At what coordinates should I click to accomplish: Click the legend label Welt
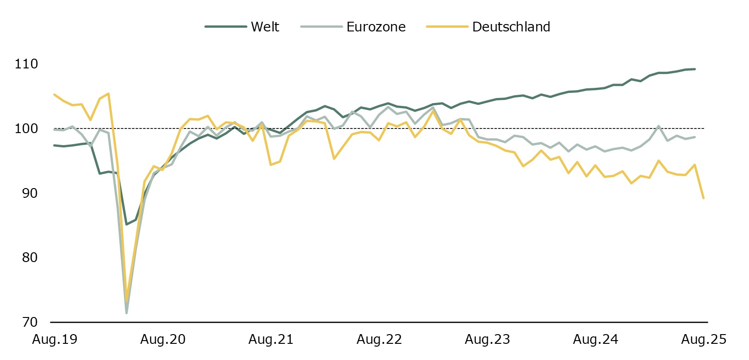coord(265,27)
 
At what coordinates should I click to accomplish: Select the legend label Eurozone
coord(376,27)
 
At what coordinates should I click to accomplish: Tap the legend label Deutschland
coord(511,27)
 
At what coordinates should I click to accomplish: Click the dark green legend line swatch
coord(226,27)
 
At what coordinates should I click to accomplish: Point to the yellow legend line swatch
coord(447,27)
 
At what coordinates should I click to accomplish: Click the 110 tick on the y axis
coord(26,64)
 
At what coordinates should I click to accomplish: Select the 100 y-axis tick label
coord(26,128)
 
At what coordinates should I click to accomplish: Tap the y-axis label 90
coord(30,193)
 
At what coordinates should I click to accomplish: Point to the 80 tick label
coord(30,257)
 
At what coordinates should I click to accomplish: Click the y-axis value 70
coord(30,322)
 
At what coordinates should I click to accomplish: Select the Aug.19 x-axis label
coord(55,340)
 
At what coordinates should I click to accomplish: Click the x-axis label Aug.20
coord(163,340)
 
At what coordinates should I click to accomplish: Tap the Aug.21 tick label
coord(271,340)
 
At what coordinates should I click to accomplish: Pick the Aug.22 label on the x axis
coord(379,340)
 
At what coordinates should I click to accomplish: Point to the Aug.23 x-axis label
coord(487,340)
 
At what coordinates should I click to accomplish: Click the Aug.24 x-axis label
coord(596,340)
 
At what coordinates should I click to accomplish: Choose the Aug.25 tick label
coord(704,340)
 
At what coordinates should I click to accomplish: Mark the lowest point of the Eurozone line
coord(126,313)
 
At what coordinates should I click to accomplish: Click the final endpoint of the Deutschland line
coord(703,198)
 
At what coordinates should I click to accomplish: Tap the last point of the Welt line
coord(694,69)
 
